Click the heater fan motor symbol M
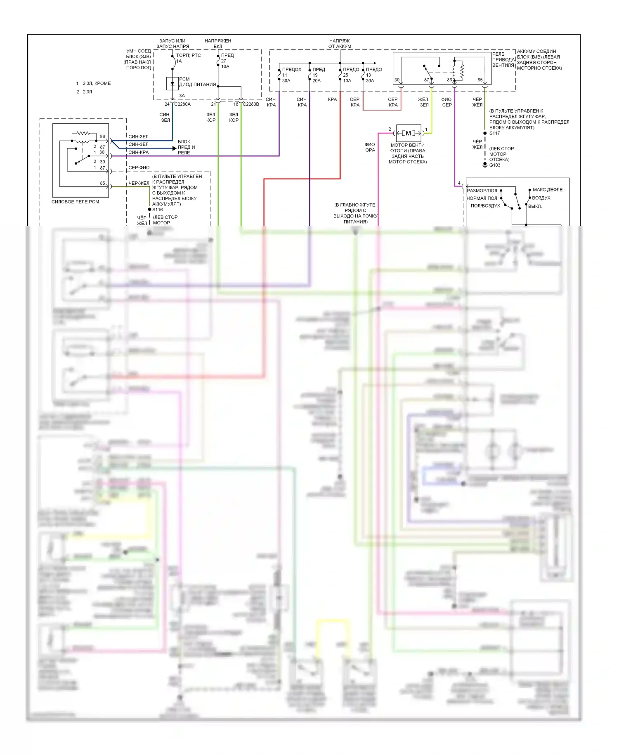pos(409,133)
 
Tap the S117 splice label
pos(494,133)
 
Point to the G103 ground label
pos(494,165)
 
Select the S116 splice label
pos(157,210)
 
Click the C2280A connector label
pos(182,104)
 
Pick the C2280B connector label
pos(251,104)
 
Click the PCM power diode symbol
pos(172,83)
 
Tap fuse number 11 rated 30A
pos(280,75)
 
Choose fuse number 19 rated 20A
pos(310,75)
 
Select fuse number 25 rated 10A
pos(340,75)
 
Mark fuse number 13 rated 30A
pos(363,75)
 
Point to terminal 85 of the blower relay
pos(480,80)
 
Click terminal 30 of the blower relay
pos(397,80)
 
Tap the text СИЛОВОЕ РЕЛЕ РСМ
pos(75,202)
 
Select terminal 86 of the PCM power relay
pos(102,137)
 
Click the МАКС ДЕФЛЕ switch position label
pos(547,190)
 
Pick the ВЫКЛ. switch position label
pos(535,206)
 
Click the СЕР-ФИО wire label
pos(139,168)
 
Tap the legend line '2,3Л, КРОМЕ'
pos(97,83)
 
